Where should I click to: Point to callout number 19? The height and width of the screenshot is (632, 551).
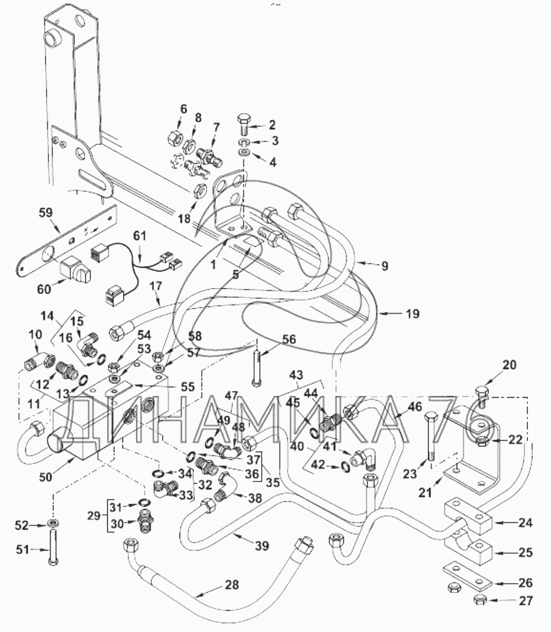pyautogui.click(x=412, y=314)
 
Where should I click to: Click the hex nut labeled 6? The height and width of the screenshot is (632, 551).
pyautogui.click(x=175, y=138)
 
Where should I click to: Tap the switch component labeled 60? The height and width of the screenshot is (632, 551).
pyautogui.click(x=74, y=267)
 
